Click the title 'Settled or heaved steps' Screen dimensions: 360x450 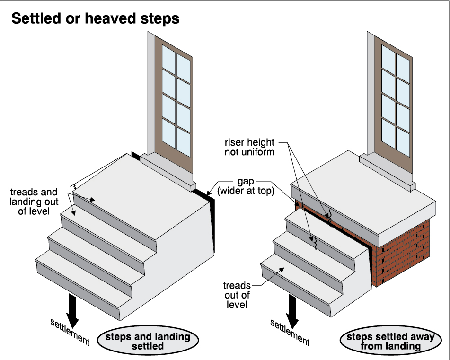tap(95, 18)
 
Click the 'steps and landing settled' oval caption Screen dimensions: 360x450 tap(147, 342)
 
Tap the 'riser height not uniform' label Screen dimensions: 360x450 tap(256, 147)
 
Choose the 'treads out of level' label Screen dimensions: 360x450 tap(237, 295)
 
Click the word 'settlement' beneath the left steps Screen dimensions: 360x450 tap(70, 332)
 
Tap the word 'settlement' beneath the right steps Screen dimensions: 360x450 tap(289, 332)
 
